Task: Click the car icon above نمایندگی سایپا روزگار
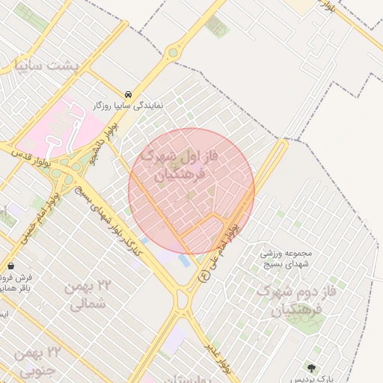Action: [x=129, y=94]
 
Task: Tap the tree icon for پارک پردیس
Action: [x=311, y=368]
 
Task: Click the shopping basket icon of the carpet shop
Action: [x=11, y=266]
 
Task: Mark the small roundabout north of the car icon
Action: [x=173, y=52]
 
